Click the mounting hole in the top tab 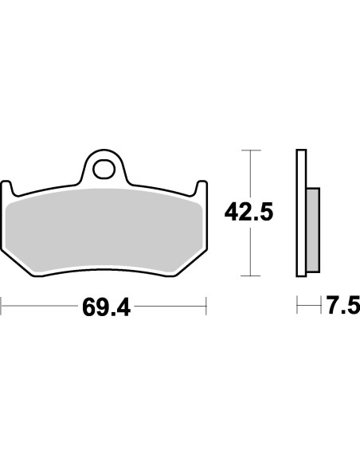(x=104, y=169)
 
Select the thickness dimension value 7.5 (x=342, y=306)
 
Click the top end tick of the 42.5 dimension (x=251, y=150)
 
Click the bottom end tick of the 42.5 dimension (x=251, y=275)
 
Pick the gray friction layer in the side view (x=313, y=229)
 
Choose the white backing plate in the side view (x=301, y=213)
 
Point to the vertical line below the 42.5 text (x=251, y=251)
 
